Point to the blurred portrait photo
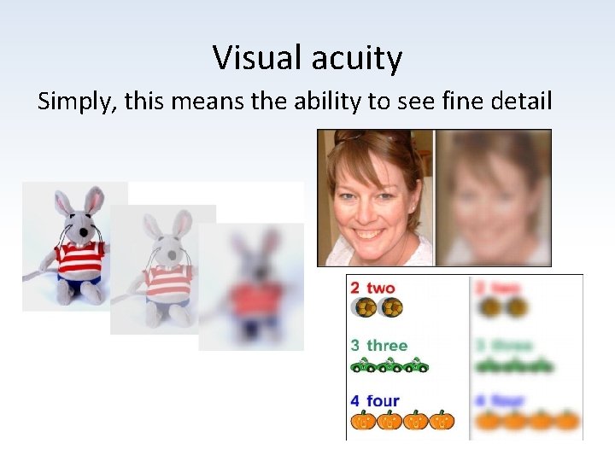(494, 197)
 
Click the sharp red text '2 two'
(373, 289)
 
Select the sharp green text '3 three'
(378, 345)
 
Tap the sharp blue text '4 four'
(375, 400)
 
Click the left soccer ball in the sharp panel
(364, 308)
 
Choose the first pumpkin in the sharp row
(362, 420)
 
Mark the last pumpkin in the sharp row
(442, 420)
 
